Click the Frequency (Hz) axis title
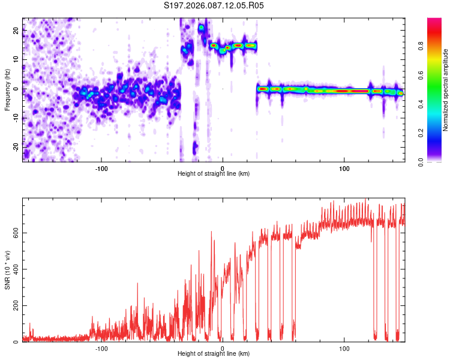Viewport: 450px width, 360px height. click(7, 89)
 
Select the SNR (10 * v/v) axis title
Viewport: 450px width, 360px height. click(7, 269)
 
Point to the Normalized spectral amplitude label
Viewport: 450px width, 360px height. click(446, 90)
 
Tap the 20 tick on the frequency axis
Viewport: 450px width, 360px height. click(16, 31)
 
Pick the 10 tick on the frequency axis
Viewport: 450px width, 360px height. click(16, 60)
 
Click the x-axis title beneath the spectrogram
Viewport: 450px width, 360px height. click(214, 174)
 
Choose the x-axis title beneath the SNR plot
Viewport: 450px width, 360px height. click(214, 354)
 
